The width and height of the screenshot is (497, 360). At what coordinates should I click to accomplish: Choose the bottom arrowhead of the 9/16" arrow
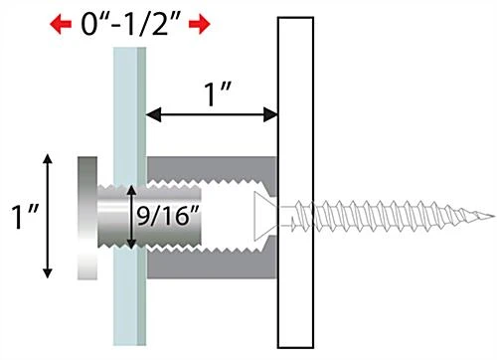click(132, 246)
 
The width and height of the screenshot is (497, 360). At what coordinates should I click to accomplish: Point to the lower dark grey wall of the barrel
click(214, 262)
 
